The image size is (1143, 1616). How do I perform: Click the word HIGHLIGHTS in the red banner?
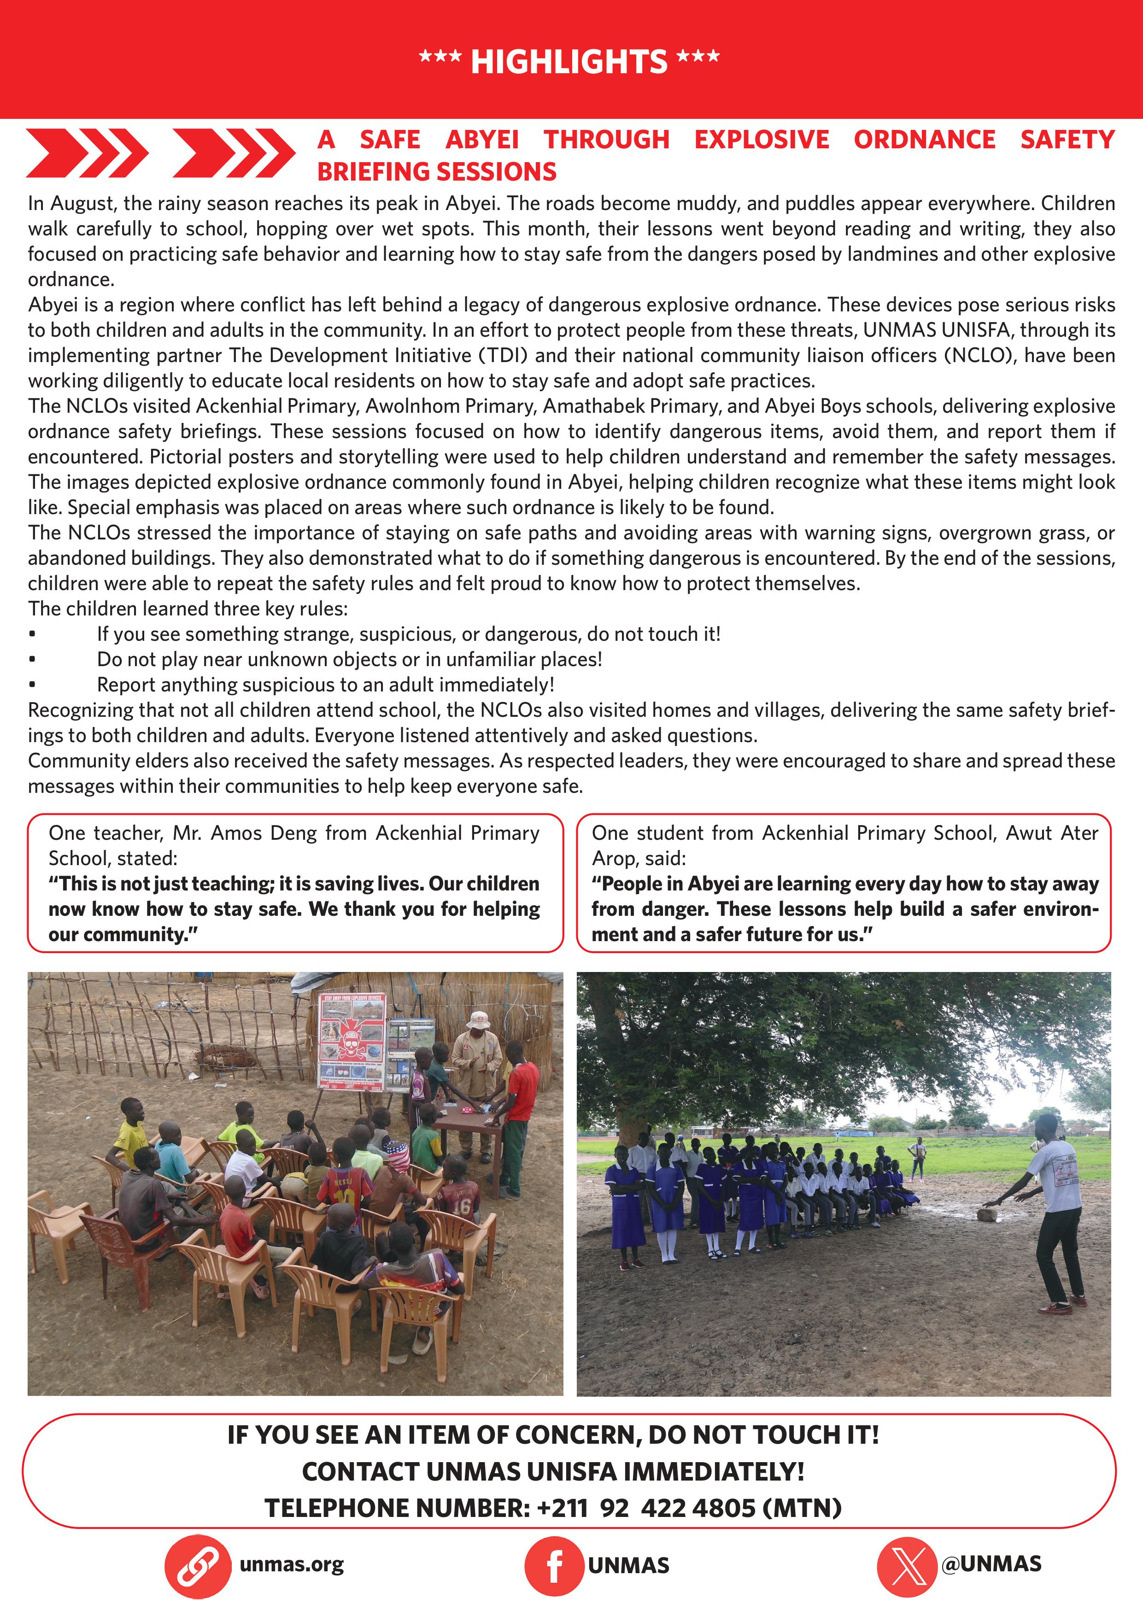tap(569, 62)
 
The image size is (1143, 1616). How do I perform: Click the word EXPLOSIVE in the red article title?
tap(762, 140)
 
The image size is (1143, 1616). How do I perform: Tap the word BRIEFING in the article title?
tap(373, 172)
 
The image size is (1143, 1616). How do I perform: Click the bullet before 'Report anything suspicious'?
tap(32, 685)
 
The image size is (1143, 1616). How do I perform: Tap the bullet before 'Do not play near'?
tap(32, 660)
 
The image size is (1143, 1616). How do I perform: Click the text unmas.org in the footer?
tap(291, 1564)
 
